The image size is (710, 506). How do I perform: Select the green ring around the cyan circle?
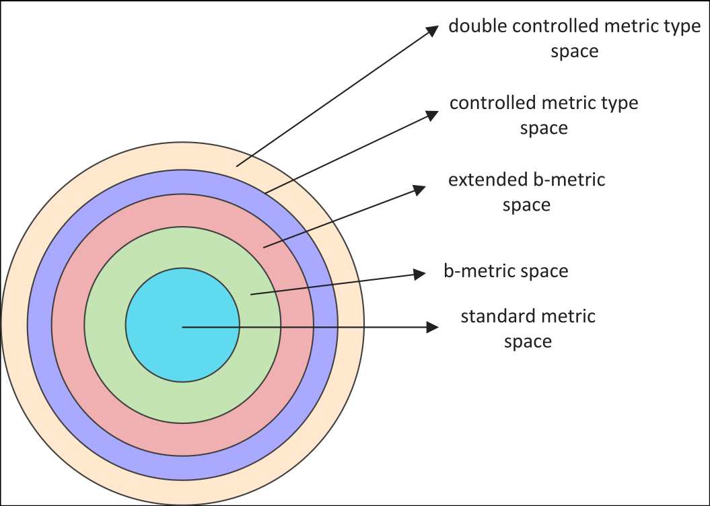[182, 403]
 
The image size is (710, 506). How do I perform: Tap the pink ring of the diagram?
[182, 439]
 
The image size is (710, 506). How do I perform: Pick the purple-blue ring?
[182, 468]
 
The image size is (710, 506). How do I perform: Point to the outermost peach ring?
[182, 493]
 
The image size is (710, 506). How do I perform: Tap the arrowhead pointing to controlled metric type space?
[433, 114]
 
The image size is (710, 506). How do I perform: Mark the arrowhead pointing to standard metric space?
[433, 327]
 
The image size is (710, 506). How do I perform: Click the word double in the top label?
[478, 26]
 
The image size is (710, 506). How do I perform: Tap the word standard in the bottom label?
[493, 316]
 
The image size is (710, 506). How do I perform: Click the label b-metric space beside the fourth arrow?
[506, 270]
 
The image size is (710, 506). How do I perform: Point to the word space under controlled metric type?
[544, 128]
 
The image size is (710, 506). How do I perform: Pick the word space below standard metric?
[528, 342]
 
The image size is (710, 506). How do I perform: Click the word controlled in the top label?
[556, 26]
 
